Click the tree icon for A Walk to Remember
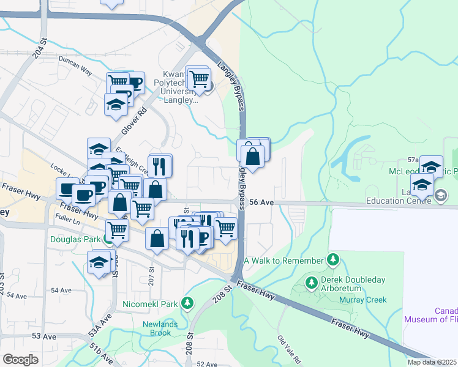[x=333, y=260]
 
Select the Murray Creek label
[x=364, y=300]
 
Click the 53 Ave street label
[x=44, y=336]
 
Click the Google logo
[x=20, y=360]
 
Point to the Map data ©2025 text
[x=432, y=362]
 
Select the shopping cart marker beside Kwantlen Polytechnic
[x=198, y=78]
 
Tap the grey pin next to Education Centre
[x=441, y=195]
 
